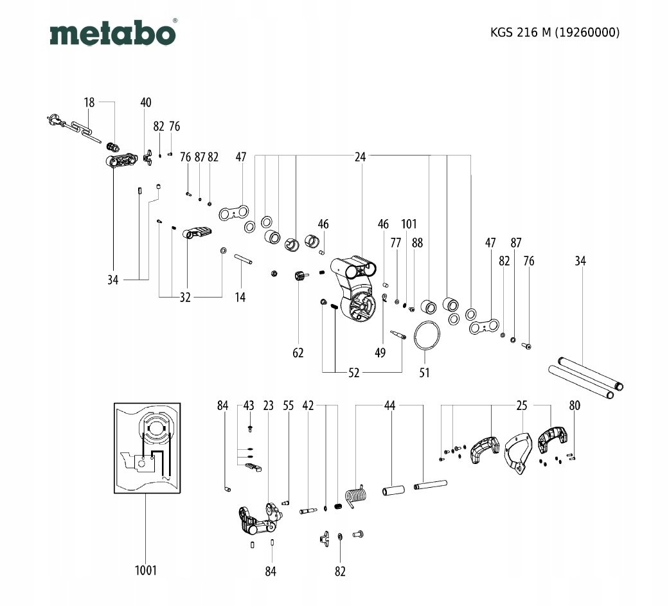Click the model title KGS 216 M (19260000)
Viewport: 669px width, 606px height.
tap(555, 33)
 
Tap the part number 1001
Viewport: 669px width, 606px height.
tap(146, 570)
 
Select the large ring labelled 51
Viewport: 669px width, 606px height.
tap(427, 335)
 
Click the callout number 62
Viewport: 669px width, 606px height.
tap(298, 353)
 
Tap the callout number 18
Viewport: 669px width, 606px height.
tap(89, 102)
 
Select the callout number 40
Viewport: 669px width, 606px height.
tap(146, 102)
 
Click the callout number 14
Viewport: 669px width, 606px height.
tap(240, 297)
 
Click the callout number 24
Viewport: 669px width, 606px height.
tap(360, 156)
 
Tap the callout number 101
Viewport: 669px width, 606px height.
tap(409, 224)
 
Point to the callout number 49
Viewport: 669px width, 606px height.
tap(380, 353)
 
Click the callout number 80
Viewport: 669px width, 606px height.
tap(575, 405)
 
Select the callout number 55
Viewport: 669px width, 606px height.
tap(289, 405)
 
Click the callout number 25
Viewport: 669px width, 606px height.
tap(522, 405)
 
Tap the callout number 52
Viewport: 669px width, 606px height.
tap(353, 372)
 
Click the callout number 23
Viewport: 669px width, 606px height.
tap(268, 405)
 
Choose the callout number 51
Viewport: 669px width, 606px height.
tap(424, 372)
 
